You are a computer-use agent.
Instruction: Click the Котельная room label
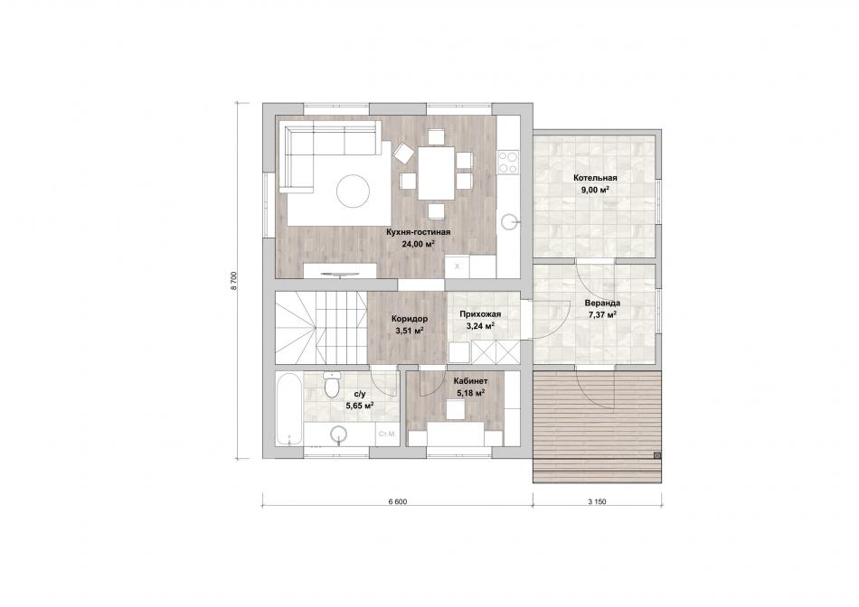click(595, 178)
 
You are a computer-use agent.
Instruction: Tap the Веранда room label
click(602, 303)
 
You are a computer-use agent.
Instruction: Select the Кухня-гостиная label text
click(418, 232)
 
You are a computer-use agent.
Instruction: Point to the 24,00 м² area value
click(418, 245)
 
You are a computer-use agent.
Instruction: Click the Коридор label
click(410, 319)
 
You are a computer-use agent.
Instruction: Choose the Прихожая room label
click(480, 314)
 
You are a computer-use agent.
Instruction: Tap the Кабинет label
click(470, 381)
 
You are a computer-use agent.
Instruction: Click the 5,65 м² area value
click(360, 406)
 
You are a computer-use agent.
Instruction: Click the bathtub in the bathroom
click(288, 409)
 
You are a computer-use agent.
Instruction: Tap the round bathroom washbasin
click(338, 435)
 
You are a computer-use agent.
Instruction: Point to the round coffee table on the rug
click(354, 191)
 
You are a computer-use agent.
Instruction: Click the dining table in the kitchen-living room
click(436, 173)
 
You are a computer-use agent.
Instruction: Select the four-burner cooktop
click(507, 162)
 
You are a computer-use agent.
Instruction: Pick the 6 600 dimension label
click(397, 501)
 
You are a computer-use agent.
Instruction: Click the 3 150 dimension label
click(597, 501)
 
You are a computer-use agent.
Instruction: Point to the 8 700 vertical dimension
click(234, 280)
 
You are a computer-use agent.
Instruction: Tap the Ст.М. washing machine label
click(387, 434)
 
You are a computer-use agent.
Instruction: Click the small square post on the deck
click(657, 455)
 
